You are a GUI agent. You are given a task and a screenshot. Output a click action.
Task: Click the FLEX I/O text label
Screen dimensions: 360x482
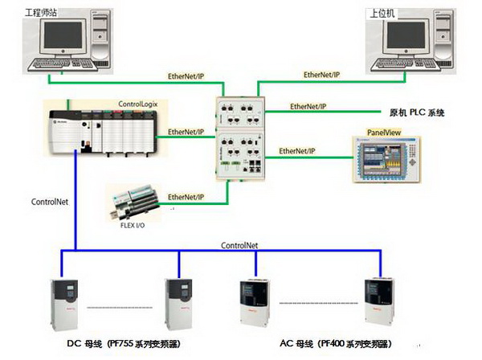click(x=132, y=226)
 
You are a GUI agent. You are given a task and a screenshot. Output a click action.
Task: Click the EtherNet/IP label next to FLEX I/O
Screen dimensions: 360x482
click(x=186, y=196)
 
